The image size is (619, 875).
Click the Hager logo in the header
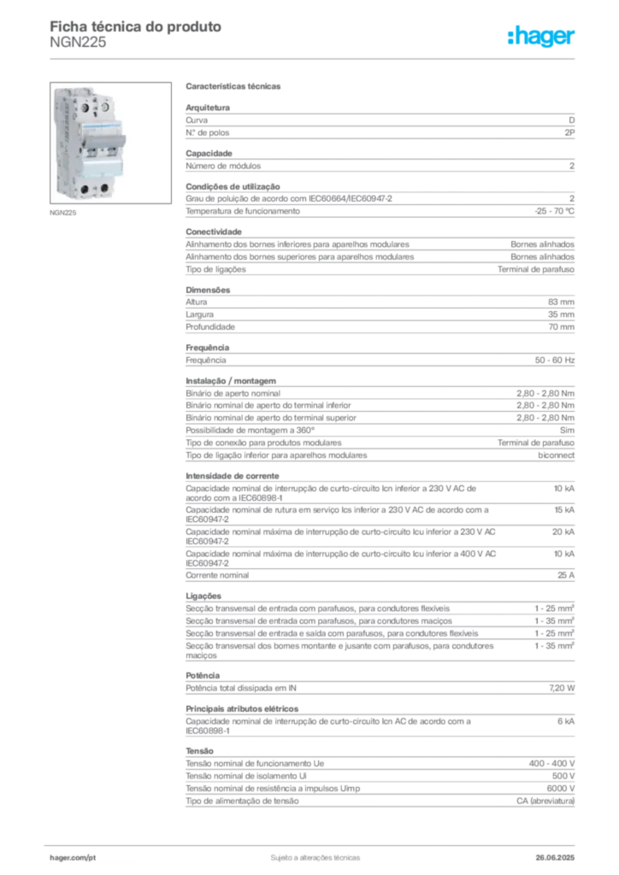click(541, 37)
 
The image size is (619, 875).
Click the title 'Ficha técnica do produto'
click(136, 26)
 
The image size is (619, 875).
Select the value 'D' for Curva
click(572, 120)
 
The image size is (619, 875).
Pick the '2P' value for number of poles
click(569, 132)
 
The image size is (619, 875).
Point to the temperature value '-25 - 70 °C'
click(554, 211)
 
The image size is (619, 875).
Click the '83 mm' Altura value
click(561, 302)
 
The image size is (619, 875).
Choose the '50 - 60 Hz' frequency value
click(555, 361)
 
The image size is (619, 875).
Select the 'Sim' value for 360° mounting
click(567, 431)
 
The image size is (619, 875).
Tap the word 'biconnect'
click(556, 455)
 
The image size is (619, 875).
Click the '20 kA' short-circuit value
click(563, 531)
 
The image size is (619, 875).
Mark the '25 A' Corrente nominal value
click(566, 575)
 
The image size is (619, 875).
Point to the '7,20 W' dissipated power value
click(562, 688)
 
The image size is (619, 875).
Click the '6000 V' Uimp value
click(560, 789)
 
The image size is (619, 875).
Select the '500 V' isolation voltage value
click(563, 776)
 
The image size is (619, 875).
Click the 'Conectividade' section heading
click(214, 232)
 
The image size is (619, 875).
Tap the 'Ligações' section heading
click(203, 596)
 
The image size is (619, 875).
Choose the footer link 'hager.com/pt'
click(73, 858)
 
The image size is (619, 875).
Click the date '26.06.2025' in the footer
click(555, 858)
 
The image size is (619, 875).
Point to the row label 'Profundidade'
click(210, 327)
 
